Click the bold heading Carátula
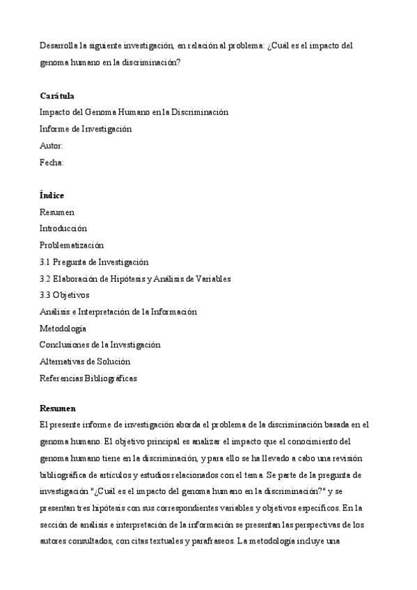pos(57,96)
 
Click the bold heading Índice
pos(52,196)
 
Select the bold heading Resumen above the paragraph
pos(58,408)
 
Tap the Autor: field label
pos(52,145)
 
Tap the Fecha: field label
pos(52,162)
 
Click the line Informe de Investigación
pos(86,129)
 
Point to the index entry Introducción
pos(63,228)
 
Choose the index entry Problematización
pos(72,245)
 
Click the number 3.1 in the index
pos(45,262)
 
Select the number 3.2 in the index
pos(45,278)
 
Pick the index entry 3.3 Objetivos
pos(65,295)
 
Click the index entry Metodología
pos(63,328)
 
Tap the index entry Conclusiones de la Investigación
pos(100,344)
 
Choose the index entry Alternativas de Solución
pos(85,362)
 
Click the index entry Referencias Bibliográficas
pos(88,378)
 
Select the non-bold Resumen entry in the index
pos(57,212)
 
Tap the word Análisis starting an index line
pos(56,312)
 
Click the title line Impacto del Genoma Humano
pos(134,112)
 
